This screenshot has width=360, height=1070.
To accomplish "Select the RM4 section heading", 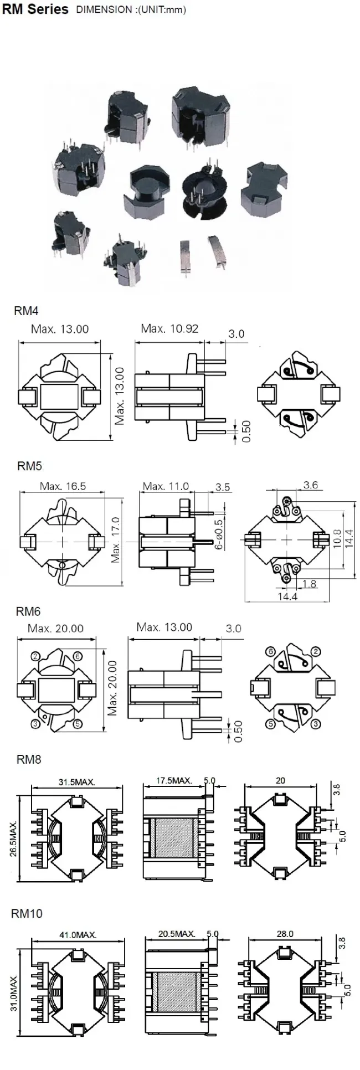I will [x=26, y=311].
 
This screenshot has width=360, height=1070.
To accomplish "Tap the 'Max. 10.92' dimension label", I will [x=169, y=328].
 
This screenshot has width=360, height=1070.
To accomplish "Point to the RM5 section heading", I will [x=29, y=466].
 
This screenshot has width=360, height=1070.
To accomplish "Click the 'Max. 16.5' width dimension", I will [x=63, y=486].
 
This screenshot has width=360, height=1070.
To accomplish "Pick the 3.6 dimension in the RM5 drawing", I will [x=311, y=485].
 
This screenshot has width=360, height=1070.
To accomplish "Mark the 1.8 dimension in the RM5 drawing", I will [x=310, y=583].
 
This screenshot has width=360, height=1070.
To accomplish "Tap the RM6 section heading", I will [x=28, y=611].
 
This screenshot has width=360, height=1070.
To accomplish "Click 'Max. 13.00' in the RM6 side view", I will [x=164, y=627].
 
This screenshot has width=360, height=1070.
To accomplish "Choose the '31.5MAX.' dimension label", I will [x=77, y=782].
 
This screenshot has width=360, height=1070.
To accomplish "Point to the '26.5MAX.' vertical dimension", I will [x=13, y=838].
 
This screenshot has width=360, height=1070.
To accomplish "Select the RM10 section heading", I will [x=27, y=913].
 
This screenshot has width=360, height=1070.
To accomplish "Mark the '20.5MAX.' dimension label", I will [x=177, y=934].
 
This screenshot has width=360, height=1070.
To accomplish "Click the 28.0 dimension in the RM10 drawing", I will [x=285, y=934].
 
